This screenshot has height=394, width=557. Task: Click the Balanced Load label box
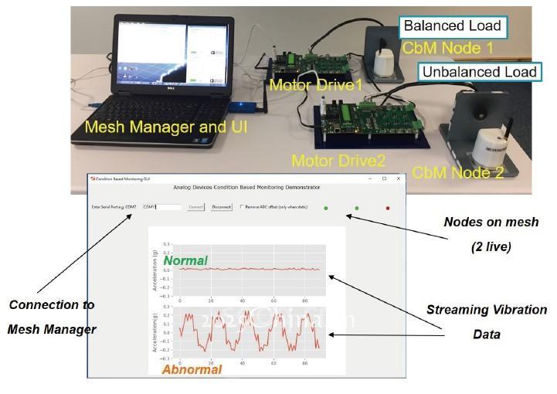[453, 25]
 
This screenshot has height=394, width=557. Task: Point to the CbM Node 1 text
[448, 49]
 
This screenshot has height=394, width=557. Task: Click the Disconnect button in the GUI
[222, 207]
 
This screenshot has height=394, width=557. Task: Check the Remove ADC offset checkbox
[242, 207]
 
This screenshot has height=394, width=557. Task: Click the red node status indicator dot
[388, 208]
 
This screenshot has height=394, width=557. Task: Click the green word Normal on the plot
[185, 262]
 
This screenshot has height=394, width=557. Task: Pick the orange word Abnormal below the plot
[192, 369]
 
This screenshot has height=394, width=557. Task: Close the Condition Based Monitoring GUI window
[398, 178]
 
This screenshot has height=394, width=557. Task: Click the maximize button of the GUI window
[384, 178]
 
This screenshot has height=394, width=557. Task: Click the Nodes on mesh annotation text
[482, 222]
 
